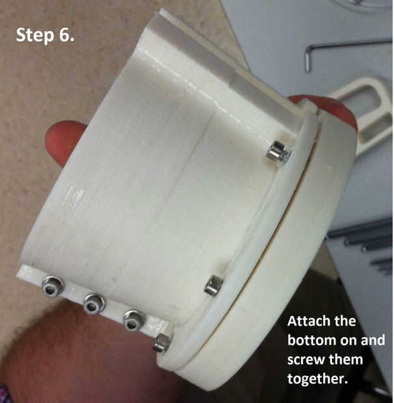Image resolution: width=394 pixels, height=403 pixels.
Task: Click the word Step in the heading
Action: click(x=36, y=35)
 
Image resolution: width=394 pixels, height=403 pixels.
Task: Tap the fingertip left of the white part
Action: click(x=64, y=143)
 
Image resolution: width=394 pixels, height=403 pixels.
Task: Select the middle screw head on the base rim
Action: click(x=213, y=285)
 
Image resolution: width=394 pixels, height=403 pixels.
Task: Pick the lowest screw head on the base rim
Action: click(x=163, y=343)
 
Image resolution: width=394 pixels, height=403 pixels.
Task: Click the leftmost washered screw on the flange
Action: click(x=53, y=286)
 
